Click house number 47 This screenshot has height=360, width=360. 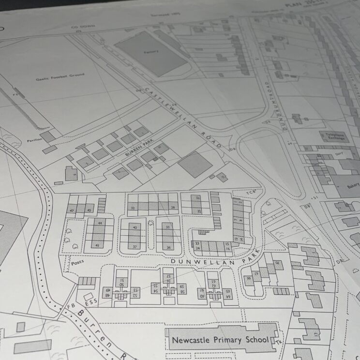tap(72, 211)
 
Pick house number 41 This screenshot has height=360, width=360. tap(97, 245)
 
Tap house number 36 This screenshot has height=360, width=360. tap(169, 247)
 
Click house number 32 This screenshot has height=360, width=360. tap(132, 208)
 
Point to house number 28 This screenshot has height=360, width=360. tap(172, 207)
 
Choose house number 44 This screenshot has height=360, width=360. tap(100, 223)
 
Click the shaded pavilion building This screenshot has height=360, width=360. tap(49, 137)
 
